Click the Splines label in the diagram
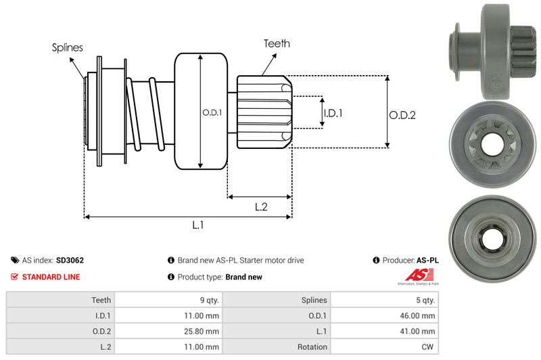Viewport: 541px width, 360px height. (68, 48)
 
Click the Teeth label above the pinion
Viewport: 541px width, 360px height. (277, 43)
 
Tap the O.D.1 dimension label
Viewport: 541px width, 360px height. (212, 112)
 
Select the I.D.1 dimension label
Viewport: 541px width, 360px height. (333, 113)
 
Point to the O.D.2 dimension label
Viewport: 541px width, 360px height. (402, 115)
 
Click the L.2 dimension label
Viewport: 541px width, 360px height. (261, 207)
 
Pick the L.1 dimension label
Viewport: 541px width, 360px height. (197, 225)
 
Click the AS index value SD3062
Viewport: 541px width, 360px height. (70, 260)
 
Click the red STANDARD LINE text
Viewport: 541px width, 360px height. (51, 277)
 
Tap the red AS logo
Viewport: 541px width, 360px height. (413, 275)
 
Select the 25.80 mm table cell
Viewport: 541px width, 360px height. (203, 332)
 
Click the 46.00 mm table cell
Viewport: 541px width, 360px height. (420, 316)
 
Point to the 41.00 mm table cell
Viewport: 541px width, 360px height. (420, 332)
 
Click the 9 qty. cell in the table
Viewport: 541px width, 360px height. (206, 300)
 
